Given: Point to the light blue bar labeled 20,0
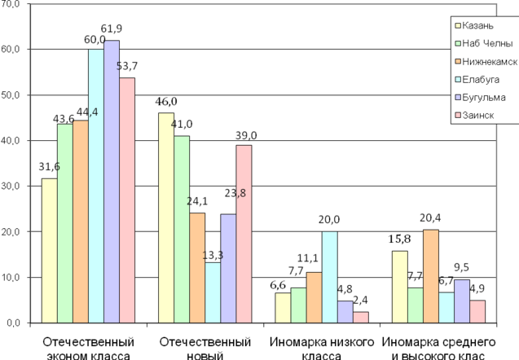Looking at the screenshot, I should pos(329,276).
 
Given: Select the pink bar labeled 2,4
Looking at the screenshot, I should pos(361,317).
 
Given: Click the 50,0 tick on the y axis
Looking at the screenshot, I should pos(14,94).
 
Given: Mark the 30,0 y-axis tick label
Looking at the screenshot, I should pos(14,186).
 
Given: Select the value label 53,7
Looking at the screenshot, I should pos(126,66).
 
